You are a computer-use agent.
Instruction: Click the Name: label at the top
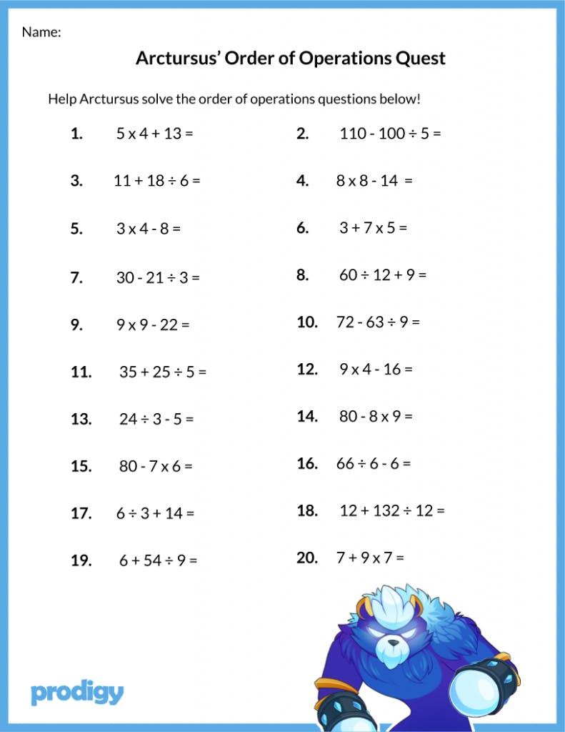(x=41, y=32)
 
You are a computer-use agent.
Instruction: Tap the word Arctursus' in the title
(x=177, y=59)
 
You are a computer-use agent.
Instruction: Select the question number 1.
(x=76, y=134)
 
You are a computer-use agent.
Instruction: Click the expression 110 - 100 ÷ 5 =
(x=390, y=134)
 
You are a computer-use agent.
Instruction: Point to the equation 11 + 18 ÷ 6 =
(x=156, y=181)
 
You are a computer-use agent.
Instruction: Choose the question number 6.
(x=302, y=228)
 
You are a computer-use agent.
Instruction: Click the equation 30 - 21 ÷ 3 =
(x=158, y=277)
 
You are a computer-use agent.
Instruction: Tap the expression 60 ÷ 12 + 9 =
(x=382, y=274)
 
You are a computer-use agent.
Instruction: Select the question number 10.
(x=306, y=322)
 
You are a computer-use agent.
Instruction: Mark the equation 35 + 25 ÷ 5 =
(x=162, y=372)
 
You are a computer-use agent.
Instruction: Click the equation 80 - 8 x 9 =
(x=376, y=416)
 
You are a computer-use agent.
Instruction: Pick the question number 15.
(x=81, y=467)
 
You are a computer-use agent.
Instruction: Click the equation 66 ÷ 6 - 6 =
(x=373, y=464)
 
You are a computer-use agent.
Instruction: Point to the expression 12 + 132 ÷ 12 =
(x=391, y=511)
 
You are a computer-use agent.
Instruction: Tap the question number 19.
(x=81, y=560)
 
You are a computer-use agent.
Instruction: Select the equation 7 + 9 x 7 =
(x=370, y=558)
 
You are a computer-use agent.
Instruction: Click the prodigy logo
(x=77, y=692)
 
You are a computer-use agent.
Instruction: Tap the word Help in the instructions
(x=62, y=99)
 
